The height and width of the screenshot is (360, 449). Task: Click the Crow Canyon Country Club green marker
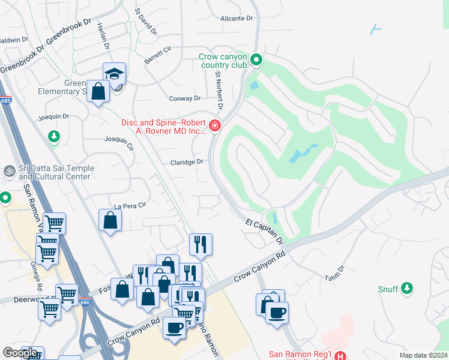(x=256, y=59)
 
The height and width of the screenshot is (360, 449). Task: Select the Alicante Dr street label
(x=237, y=19)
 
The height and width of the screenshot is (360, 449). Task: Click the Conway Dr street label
(x=188, y=98)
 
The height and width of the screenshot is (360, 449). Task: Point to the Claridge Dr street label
(x=187, y=162)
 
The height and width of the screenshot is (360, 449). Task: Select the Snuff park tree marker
(x=407, y=289)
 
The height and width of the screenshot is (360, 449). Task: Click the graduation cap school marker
(x=114, y=74)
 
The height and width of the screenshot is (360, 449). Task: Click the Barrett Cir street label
(x=158, y=55)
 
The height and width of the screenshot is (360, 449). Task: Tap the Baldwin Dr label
(x=14, y=40)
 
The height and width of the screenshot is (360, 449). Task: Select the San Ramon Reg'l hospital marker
(x=340, y=356)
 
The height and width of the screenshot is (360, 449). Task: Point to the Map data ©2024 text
(x=424, y=355)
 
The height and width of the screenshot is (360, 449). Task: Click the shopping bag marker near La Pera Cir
(x=110, y=220)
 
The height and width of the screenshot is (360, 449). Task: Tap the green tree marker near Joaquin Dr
(x=54, y=137)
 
